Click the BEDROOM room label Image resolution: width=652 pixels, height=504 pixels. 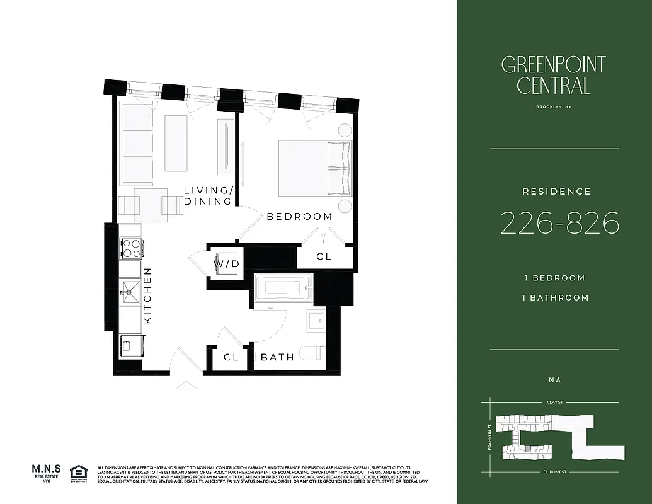[299, 216]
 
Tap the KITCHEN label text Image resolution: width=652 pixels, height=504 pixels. [147, 295]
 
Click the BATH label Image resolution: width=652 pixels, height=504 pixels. [278, 357]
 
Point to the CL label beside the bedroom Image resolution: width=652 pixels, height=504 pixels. [324, 257]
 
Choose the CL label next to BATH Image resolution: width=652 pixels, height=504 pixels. [231, 357]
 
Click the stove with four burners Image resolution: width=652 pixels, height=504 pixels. [130, 248]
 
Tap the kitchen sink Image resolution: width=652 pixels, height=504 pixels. [131, 290]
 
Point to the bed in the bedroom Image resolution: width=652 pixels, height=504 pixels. [314, 168]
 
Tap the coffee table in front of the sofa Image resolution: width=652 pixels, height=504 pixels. [176, 144]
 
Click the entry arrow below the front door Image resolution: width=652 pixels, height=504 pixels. [186, 385]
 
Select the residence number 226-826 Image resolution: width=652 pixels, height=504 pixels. [559, 223]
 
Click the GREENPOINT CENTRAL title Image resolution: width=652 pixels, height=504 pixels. [553, 75]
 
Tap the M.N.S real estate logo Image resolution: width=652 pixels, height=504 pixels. [46, 472]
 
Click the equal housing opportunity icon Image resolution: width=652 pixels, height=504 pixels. [79, 472]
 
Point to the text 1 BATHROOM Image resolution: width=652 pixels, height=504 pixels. [554, 297]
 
